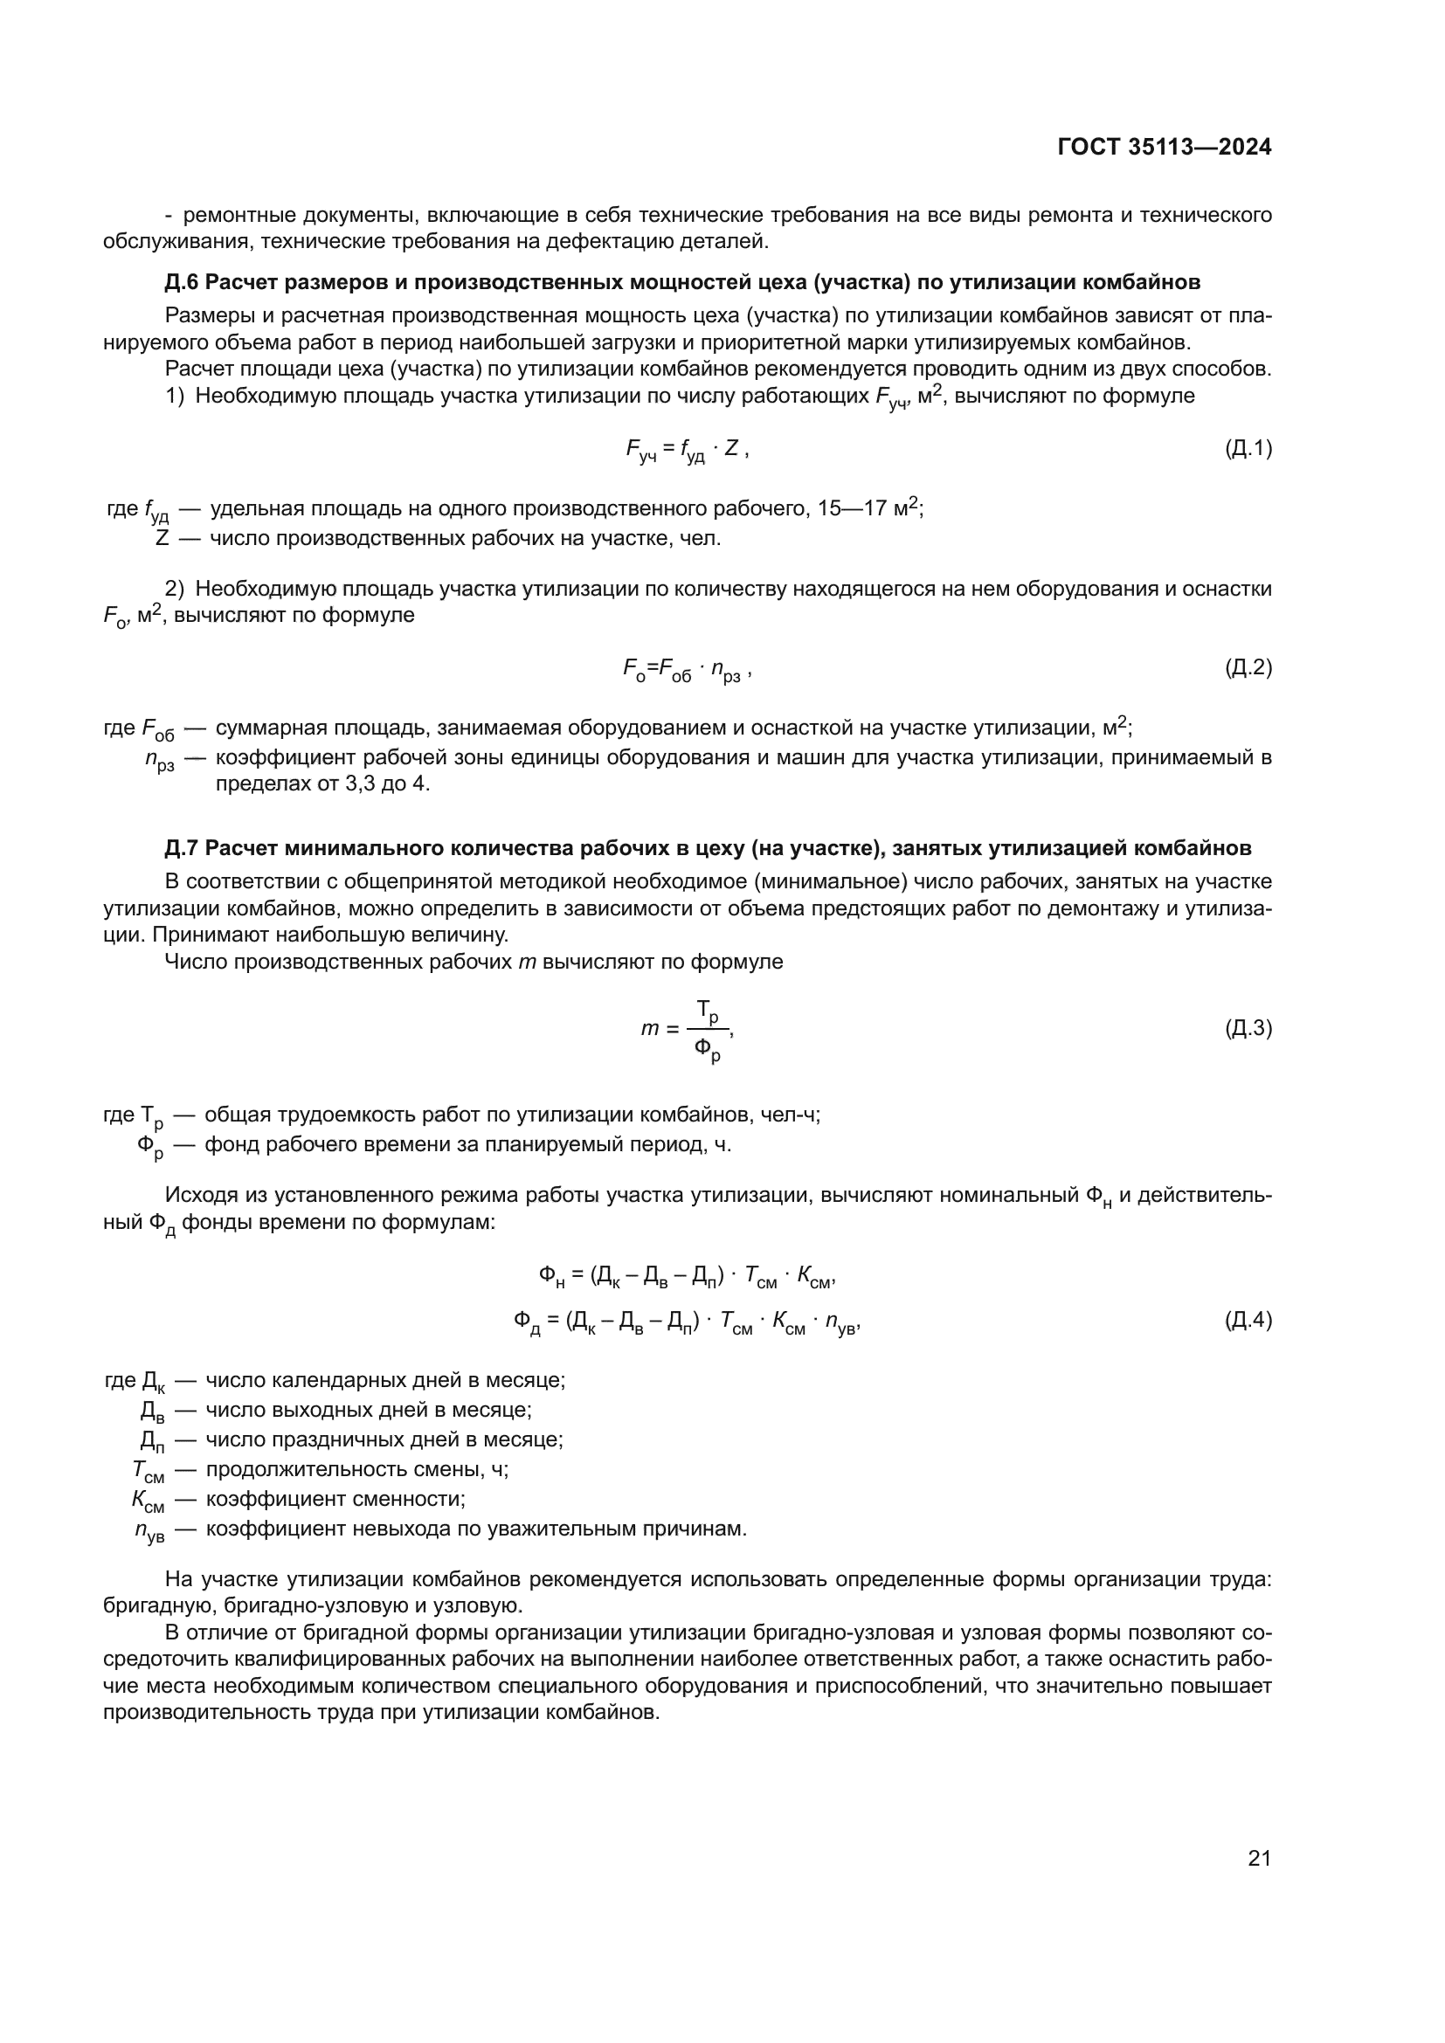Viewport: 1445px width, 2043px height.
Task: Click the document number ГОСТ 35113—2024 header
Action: (1164, 148)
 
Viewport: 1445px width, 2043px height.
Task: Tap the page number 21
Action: (1259, 1858)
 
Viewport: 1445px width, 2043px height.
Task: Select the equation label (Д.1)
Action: (1248, 448)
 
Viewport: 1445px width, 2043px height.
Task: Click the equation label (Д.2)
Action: (1248, 667)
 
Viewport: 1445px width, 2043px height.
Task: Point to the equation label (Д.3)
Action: (1248, 1029)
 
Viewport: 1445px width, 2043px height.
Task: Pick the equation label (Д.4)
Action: (1248, 1320)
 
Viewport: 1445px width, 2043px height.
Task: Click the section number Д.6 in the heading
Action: (182, 282)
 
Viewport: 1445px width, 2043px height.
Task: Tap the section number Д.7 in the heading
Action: (182, 848)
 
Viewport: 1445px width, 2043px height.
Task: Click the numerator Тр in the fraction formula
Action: (708, 1011)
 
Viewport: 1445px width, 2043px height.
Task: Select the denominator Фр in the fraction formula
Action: (708, 1050)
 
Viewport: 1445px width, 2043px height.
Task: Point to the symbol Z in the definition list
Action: (162, 538)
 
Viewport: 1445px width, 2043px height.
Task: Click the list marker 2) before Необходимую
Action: (175, 588)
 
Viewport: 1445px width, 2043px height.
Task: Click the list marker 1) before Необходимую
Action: (175, 396)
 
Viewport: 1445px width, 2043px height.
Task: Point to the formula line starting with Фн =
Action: (687, 1277)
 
